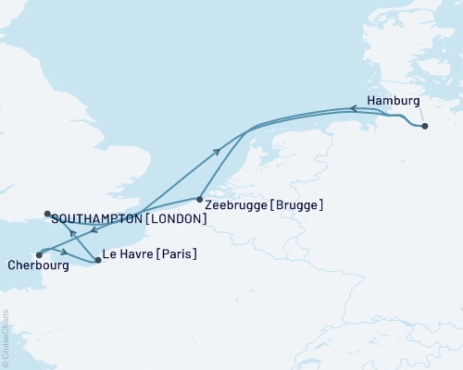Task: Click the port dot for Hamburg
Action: [x=425, y=126]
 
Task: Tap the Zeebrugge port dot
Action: [x=200, y=198]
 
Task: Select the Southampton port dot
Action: [x=47, y=216]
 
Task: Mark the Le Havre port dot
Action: [x=98, y=261]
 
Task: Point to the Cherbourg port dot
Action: [x=39, y=254]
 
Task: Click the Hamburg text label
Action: [x=394, y=101]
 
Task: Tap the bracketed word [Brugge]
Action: [x=299, y=204]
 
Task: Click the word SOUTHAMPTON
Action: [x=96, y=219]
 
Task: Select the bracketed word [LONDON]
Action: [x=174, y=219]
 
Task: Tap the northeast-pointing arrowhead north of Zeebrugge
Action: [x=219, y=150]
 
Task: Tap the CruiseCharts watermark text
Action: [x=5, y=339]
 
